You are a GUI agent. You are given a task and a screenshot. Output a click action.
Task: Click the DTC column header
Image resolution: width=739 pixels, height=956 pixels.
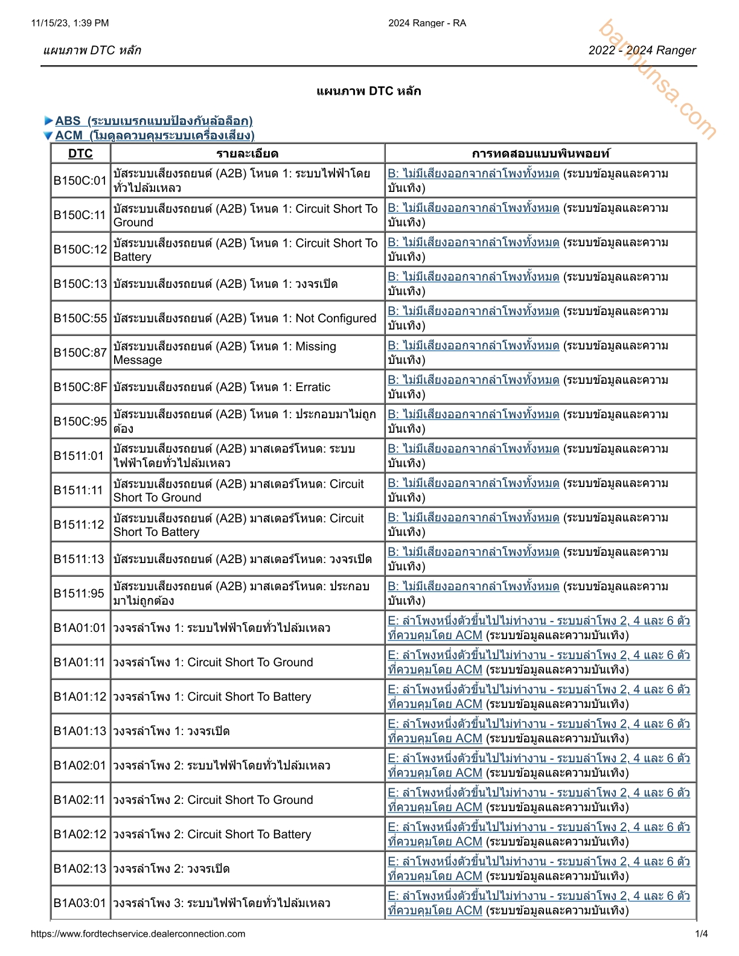(x=80, y=153)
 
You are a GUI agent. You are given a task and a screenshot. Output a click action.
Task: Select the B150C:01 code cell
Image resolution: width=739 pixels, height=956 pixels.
(x=80, y=180)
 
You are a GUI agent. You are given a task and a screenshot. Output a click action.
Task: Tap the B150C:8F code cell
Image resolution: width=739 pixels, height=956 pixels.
(x=80, y=387)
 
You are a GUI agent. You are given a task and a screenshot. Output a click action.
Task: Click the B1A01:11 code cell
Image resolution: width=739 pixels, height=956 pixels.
(x=80, y=662)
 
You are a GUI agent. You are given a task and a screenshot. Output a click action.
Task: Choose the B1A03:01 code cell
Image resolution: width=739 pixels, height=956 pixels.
(x=80, y=903)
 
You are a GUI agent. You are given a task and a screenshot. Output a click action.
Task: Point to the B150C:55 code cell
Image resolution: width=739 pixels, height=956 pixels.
(x=80, y=318)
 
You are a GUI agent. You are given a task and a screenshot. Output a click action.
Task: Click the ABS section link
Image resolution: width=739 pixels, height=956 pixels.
(x=154, y=121)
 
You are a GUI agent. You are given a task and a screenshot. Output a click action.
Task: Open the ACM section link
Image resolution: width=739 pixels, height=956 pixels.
(x=155, y=135)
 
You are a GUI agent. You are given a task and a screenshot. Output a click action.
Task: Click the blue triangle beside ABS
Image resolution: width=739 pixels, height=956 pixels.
(x=48, y=121)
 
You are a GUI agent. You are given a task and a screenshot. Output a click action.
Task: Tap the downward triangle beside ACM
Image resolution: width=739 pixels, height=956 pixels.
(x=48, y=136)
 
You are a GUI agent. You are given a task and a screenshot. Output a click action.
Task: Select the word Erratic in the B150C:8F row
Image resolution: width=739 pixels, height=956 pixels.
(x=313, y=387)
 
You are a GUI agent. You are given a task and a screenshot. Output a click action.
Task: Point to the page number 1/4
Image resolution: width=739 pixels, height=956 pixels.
(x=702, y=934)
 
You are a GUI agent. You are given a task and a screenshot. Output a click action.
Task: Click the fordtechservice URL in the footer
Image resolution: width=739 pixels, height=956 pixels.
(x=138, y=934)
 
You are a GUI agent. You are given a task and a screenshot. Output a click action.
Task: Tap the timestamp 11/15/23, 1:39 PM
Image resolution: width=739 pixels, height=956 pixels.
(x=70, y=23)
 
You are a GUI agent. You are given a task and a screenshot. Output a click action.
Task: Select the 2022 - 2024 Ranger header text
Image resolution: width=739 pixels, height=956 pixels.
(x=642, y=50)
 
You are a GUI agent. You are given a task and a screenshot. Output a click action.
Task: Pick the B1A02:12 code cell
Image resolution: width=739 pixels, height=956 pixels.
(x=80, y=834)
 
